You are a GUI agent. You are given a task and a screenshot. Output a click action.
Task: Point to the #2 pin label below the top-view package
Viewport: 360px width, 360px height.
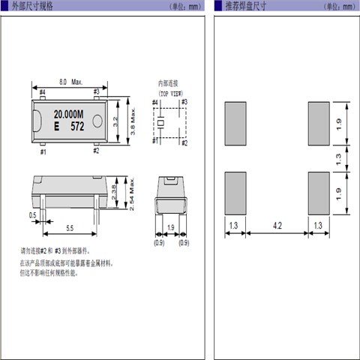click(96, 151)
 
